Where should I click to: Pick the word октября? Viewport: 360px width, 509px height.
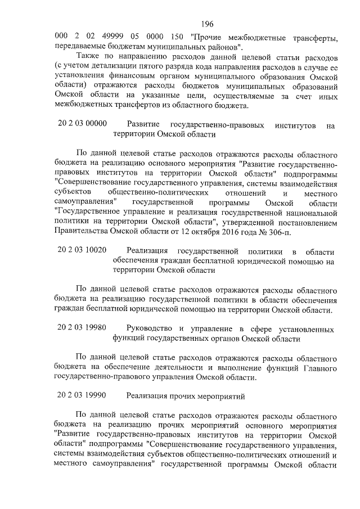coord(202,233)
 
